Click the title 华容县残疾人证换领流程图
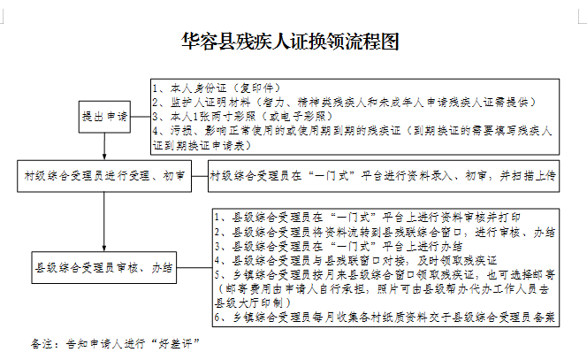(292, 42)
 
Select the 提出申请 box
(104, 116)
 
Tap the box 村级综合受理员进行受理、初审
(105, 175)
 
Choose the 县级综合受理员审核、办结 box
(103, 264)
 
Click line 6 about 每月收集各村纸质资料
(385, 316)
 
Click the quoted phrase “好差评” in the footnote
(175, 341)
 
